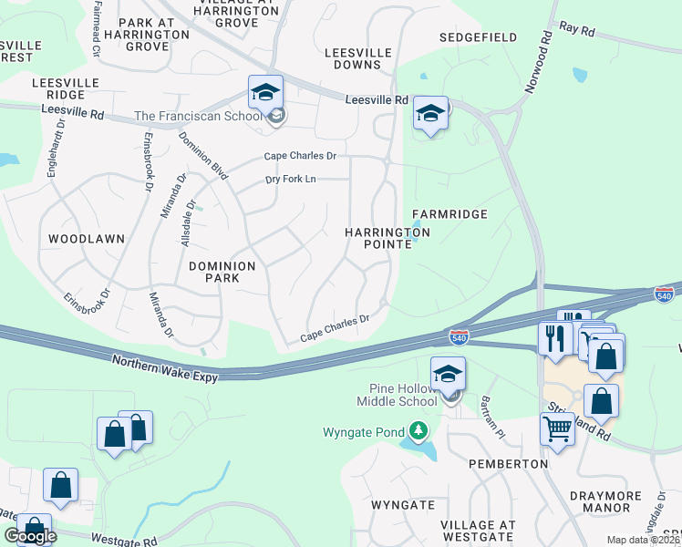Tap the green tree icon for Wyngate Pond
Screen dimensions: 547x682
pos(418,429)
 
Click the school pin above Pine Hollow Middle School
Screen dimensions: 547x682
pos(448,375)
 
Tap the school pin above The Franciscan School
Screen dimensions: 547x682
pos(265,93)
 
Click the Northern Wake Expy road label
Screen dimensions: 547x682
pos(165,369)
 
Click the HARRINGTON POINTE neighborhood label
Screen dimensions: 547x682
pos(387,239)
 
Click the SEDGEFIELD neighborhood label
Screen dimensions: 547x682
pos(478,37)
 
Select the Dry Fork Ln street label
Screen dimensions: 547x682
pos(291,179)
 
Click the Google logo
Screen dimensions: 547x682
pos(30,536)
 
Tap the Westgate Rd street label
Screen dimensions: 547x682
pos(119,540)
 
